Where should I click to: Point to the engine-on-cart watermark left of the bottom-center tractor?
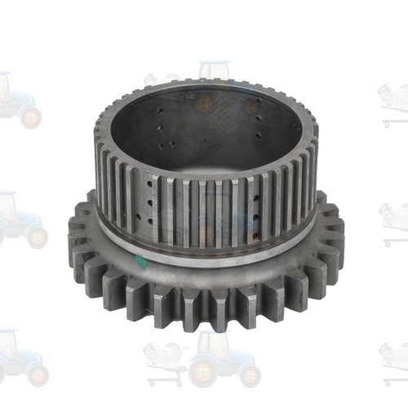click(x=163, y=359)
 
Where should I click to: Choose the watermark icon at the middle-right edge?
click(x=393, y=220)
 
